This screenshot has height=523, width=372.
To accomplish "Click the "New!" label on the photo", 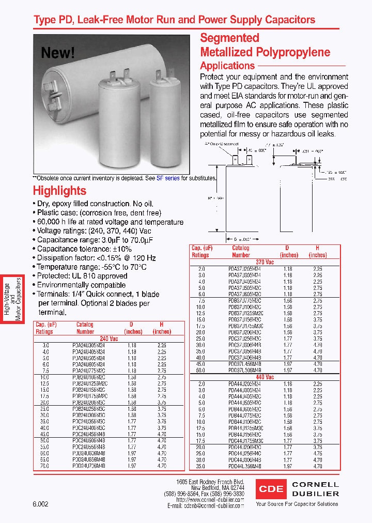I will coord(58,53).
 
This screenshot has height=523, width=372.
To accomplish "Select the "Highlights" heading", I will coord(59,191).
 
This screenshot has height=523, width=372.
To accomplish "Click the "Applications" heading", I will coord(227,66).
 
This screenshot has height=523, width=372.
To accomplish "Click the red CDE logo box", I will coord(271,488).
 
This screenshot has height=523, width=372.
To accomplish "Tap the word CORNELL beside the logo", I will coord(315,485).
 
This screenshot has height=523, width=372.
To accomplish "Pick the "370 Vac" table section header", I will coord(265,262).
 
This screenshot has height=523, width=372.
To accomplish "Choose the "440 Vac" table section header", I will coord(265,377).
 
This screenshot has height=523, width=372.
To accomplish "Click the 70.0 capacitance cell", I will coord(45,466).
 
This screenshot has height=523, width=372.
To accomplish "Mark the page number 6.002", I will coord(40,504).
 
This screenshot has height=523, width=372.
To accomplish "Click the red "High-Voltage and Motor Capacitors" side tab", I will coord(13,299).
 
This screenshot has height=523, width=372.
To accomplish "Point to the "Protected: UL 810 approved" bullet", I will coord(81,276).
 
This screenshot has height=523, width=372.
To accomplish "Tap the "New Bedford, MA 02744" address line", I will coord(218,487).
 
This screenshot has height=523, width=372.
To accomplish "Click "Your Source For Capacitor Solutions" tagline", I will coord(297,504).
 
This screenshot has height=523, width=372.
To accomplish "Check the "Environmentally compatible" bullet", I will coord(81,285).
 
